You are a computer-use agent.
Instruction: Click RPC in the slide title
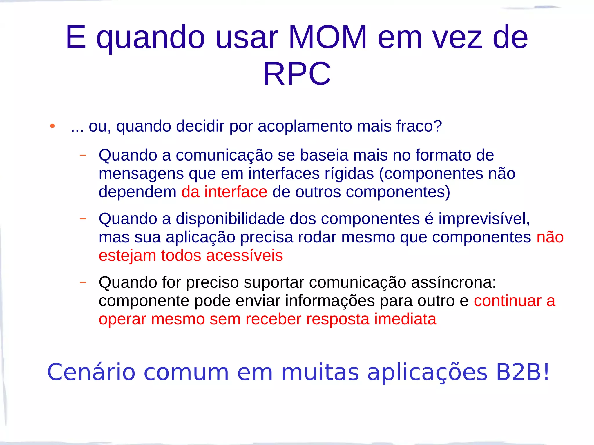point(297,74)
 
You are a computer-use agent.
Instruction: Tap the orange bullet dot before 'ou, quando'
point(52,126)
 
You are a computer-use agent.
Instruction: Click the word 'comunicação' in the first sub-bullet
point(224,155)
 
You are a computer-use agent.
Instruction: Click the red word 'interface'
point(236,192)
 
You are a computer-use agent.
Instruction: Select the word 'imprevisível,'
point(484,219)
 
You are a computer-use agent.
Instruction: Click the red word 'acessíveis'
point(244,256)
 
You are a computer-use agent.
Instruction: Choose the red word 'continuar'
point(508,301)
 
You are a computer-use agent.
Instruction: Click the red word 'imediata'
point(405,319)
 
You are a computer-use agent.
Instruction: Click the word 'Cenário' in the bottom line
point(91,372)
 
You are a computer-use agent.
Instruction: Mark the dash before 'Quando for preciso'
point(83,282)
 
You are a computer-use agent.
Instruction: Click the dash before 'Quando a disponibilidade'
point(83,219)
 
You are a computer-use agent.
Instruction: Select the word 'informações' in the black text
point(330,301)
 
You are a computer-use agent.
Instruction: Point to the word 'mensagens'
point(141,174)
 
